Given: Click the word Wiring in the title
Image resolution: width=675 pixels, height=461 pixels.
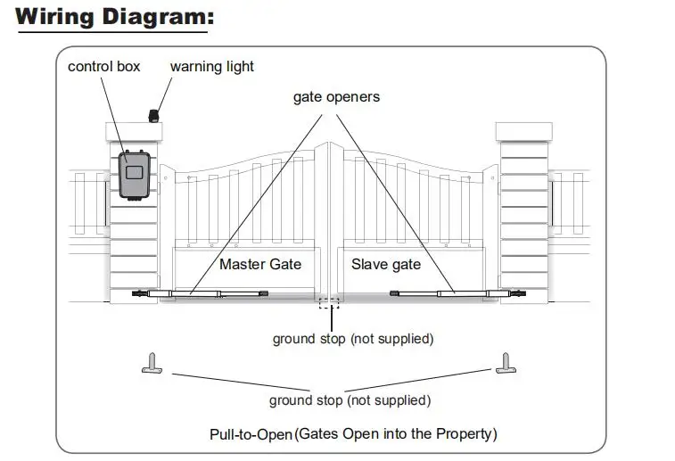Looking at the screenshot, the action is click(54, 17).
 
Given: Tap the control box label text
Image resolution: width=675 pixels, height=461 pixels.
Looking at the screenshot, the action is click(103, 67).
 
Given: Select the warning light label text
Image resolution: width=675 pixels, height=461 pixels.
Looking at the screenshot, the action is click(212, 67).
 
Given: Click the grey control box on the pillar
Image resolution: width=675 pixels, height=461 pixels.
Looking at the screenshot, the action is click(135, 175).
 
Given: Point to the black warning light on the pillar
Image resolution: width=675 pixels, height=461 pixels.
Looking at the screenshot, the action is click(153, 116).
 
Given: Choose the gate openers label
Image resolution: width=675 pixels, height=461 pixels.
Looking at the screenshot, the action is click(336, 97).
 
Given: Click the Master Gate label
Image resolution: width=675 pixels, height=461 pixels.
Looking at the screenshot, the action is click(260, 264).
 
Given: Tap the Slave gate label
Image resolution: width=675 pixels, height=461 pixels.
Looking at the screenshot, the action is click(386, 264).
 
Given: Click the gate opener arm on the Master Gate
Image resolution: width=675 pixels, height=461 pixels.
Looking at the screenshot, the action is click(200, 294).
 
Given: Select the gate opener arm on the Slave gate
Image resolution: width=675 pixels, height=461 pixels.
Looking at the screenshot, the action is click(458, 293).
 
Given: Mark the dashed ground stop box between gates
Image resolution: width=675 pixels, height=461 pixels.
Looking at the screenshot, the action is click(329, 302).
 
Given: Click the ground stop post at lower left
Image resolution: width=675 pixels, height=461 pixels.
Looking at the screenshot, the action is click(152, 364).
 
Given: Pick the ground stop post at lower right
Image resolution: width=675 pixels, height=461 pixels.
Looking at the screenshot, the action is click(506, 364).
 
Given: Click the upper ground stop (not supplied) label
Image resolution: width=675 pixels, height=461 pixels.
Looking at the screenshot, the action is click(353, 339).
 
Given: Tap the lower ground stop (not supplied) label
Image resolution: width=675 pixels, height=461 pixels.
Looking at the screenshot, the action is click(350, 400).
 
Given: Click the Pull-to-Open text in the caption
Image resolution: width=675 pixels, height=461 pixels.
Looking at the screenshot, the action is click(251, 434).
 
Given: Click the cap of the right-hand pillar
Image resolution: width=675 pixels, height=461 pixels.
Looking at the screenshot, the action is click(524, 132).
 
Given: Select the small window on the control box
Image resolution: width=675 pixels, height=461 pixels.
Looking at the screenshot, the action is click(135, 173).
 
